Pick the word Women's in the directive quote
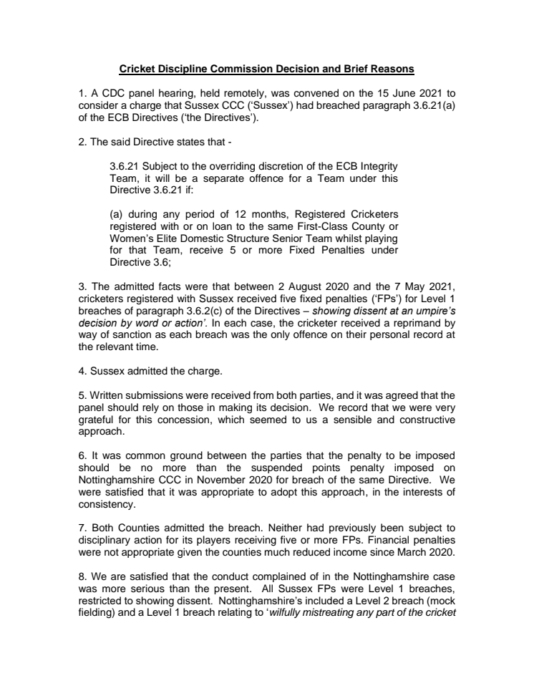[x=131, y=238]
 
